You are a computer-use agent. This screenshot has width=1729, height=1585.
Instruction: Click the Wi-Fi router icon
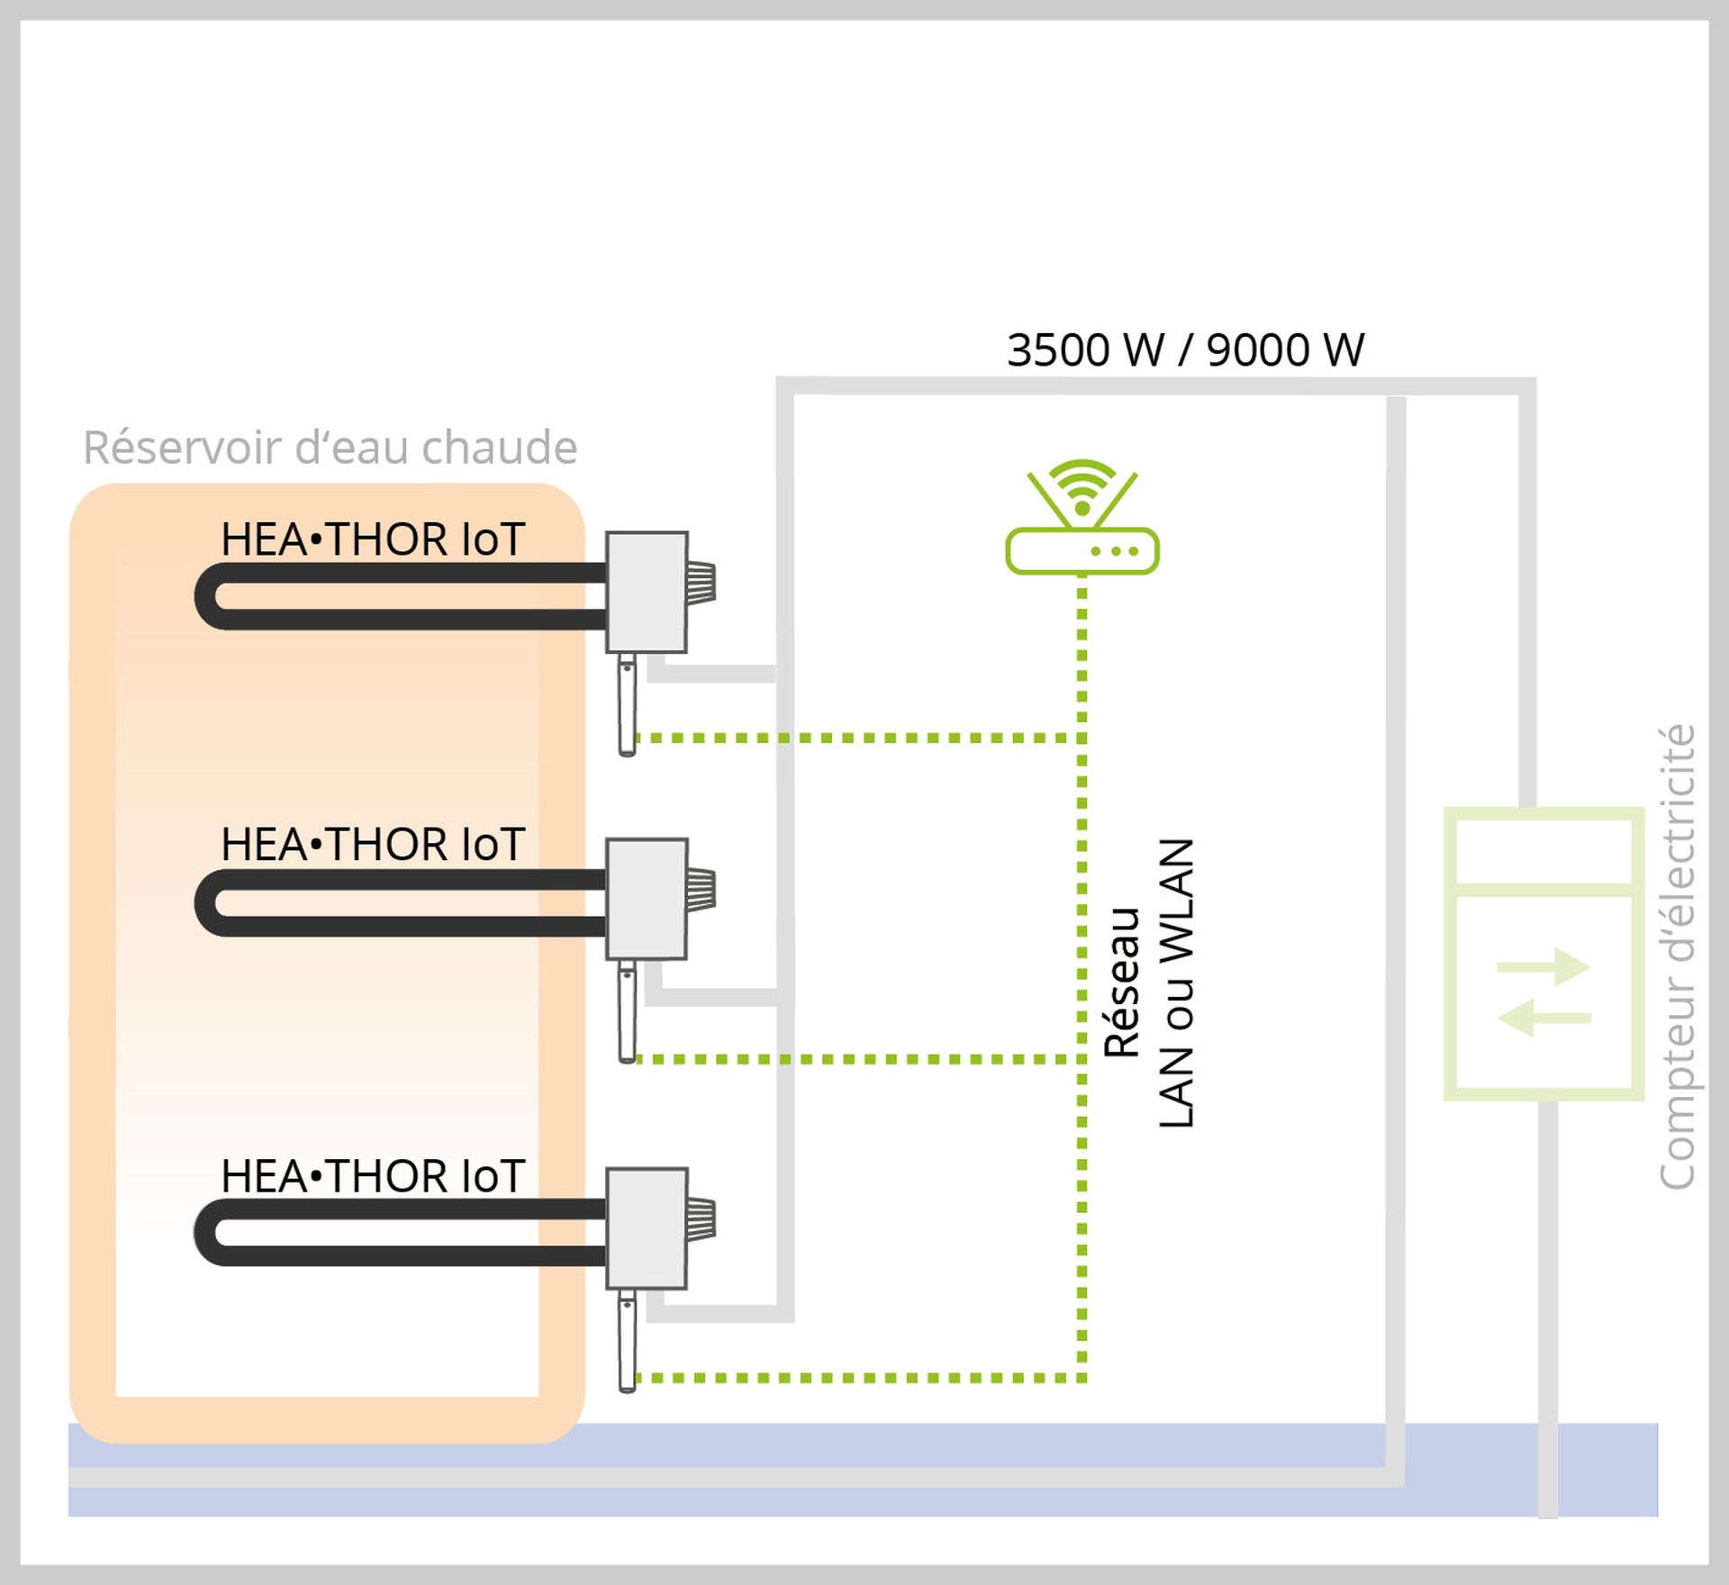pyautogui.click(x=1082, y=522)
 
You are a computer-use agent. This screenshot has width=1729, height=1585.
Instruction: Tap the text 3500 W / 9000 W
pyautogui.click(x=1185, y=350)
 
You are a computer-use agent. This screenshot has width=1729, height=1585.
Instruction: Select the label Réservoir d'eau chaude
pyautogui.click(x=330, y=448)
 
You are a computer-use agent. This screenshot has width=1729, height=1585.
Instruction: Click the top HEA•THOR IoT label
pyautogui.click(x=372, y=539)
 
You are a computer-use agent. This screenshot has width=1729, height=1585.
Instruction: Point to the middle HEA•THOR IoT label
pyautogui.click(x=372, y=845)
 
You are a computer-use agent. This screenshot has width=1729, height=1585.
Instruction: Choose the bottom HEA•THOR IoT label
pyautogui.click(x=372, y=1176)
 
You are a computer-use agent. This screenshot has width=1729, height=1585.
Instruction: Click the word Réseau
pyautogui.click(x=1122, y=983)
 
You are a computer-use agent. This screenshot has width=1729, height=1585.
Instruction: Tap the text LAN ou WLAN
pyautogui.click(x=1176, y=983)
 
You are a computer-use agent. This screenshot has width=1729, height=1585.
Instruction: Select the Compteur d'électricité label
pyautogui.click(x=1676, y=956)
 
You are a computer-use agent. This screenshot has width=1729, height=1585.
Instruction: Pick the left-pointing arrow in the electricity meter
pyautogui.click(x=1543, y=1018)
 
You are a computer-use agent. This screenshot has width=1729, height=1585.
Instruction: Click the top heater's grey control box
pyautogui.click(x=647, y=592)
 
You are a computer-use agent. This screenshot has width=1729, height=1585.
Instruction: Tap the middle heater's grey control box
pyautogui.click(x=647, y=898)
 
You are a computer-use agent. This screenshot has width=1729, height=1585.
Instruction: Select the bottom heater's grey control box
pyautogui.click(x=647, y=1228)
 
